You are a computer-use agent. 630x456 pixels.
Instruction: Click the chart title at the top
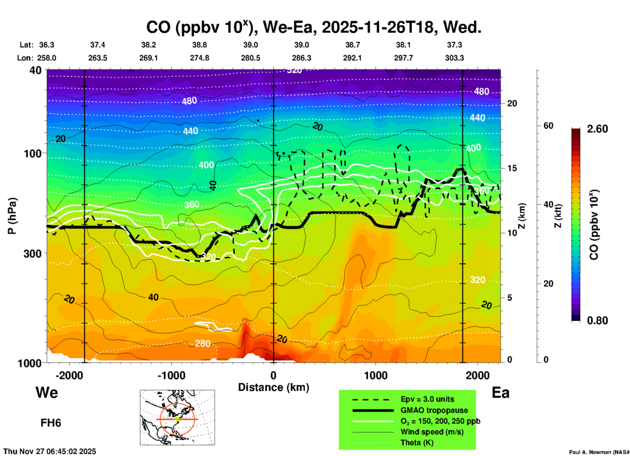point(313,27)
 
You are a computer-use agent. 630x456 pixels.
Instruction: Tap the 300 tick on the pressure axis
point(32,253)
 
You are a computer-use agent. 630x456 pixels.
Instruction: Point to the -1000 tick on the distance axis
point(171,375)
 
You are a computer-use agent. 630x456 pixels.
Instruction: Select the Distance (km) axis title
point(273,387)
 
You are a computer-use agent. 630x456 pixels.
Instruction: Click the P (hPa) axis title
point(12,216)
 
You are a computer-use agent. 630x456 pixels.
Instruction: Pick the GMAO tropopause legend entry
point(434,410)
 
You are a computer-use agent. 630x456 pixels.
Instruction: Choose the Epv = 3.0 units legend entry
point(427,399)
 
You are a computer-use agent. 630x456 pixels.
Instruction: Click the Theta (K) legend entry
point(417,443)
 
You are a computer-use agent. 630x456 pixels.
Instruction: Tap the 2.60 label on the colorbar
point(597,129)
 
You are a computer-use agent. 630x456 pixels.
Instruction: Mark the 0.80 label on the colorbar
point(597,321)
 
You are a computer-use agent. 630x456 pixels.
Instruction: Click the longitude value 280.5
point(251,58)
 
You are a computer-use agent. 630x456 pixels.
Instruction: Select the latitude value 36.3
point(46,45)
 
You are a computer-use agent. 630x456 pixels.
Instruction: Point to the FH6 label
point(51,423)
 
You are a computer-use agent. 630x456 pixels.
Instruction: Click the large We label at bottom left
point(47,392)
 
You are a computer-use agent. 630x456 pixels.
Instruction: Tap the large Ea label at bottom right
point(500,393)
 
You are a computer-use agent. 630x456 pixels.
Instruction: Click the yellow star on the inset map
point(178,419)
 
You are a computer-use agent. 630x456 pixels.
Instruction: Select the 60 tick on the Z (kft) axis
point(548,126)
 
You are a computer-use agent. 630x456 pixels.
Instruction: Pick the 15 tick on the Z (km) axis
point(512,168)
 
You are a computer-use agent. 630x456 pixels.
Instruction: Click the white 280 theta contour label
point(202,343)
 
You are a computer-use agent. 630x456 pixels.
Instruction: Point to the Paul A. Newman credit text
point(599,452)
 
